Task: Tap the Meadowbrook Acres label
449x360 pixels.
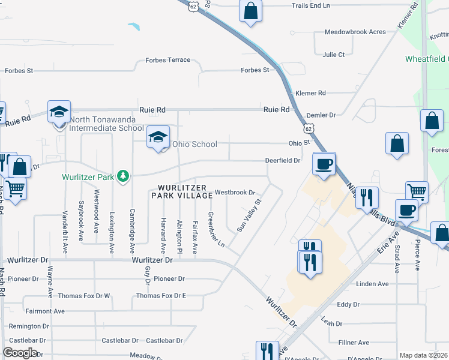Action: [355, 32]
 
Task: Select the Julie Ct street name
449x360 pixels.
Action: [334, 55]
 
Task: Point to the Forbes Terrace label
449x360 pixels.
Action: [168, 60]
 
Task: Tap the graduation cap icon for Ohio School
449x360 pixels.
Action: [158, 138]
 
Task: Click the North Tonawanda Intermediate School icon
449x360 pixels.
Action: [59, 112]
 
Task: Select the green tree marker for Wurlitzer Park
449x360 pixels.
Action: [123, 175]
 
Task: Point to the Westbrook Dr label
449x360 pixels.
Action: [235, 193]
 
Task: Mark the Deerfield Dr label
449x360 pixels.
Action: [283, 161]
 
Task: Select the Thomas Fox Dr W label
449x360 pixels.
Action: [85, 296]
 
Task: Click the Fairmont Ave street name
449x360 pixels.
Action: [45, 311]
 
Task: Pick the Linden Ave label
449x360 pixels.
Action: [372, 284]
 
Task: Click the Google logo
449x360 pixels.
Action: [20, 353]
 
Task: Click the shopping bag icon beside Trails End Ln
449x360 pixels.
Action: [251, 10]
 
